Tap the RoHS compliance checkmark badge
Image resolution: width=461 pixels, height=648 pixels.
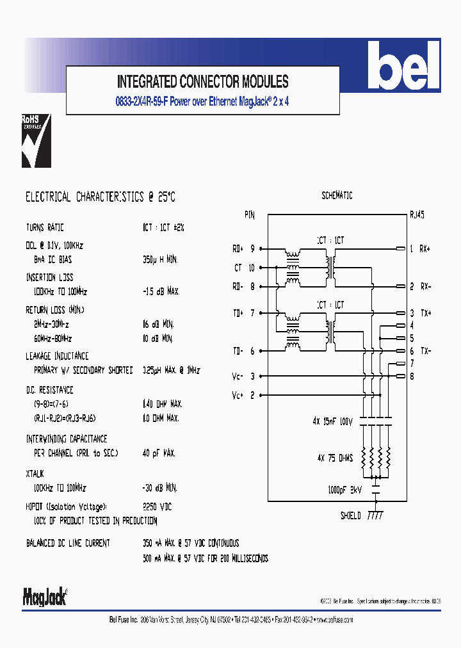tap(36, 141)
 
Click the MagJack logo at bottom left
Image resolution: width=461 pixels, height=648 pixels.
tap(45, 597)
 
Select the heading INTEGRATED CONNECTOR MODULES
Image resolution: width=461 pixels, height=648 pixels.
tap(202, 81)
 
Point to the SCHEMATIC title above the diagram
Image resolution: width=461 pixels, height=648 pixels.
tap(337, 196)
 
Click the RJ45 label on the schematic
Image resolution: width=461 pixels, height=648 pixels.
tap(416, 216)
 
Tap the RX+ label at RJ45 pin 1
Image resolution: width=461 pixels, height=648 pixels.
tap(425, 248)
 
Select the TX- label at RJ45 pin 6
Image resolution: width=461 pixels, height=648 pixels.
tap(425, 351)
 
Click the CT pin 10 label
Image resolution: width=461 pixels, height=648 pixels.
tap(244, 268)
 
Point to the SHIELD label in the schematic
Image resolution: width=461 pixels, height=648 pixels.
tap(350, 515)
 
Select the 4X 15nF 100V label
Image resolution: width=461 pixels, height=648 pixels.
tap(333, 421)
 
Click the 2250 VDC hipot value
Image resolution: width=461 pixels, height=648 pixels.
tap(157, 506)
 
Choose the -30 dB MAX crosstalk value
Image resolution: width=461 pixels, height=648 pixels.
tap(161, 487)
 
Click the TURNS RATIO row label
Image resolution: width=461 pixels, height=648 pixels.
tap(45, 228)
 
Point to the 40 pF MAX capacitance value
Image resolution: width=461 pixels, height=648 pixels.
tap(159, 453)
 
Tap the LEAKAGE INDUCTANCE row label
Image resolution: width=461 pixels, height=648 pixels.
tap(57, 356)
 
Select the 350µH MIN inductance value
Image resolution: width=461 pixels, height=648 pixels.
tap(160, 260)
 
